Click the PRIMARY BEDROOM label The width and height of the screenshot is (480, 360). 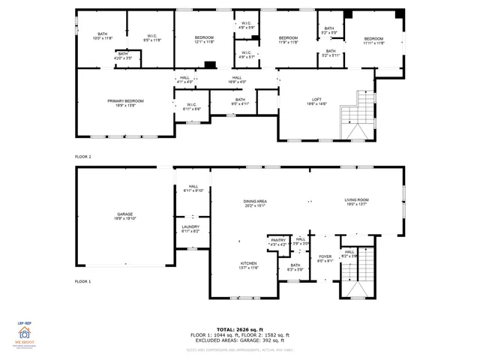coord(125,103)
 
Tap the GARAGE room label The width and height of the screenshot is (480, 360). coord(124,216)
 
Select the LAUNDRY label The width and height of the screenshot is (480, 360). coord(190,229)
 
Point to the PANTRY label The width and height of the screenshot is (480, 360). coord(278,241)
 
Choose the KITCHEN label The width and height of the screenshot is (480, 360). coord(249,265)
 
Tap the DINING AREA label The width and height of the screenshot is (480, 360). coord(255,202)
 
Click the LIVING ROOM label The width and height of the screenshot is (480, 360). coord(355,202)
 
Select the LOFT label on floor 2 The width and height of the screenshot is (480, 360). coord(317,102)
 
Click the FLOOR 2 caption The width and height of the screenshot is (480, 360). coord(82,157)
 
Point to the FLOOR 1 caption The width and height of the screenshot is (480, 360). coord(82,281)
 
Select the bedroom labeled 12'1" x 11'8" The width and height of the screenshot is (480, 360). coord(204,40)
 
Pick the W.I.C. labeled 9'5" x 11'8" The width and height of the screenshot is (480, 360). coord(151,37)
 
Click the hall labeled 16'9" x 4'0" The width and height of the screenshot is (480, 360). coord(237,79)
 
